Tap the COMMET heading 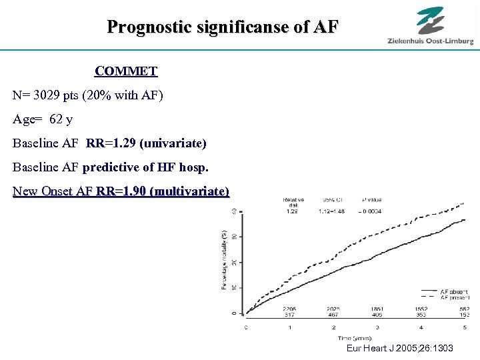[126, 71]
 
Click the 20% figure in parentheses [106, 95]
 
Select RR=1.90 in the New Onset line [123, 192]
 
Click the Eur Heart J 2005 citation [400, 348]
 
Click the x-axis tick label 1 [289, 328]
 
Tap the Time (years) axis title [354, 337]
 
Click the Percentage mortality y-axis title [224, 259]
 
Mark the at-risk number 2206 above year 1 [289, 309]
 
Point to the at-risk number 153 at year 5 [464, 315]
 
